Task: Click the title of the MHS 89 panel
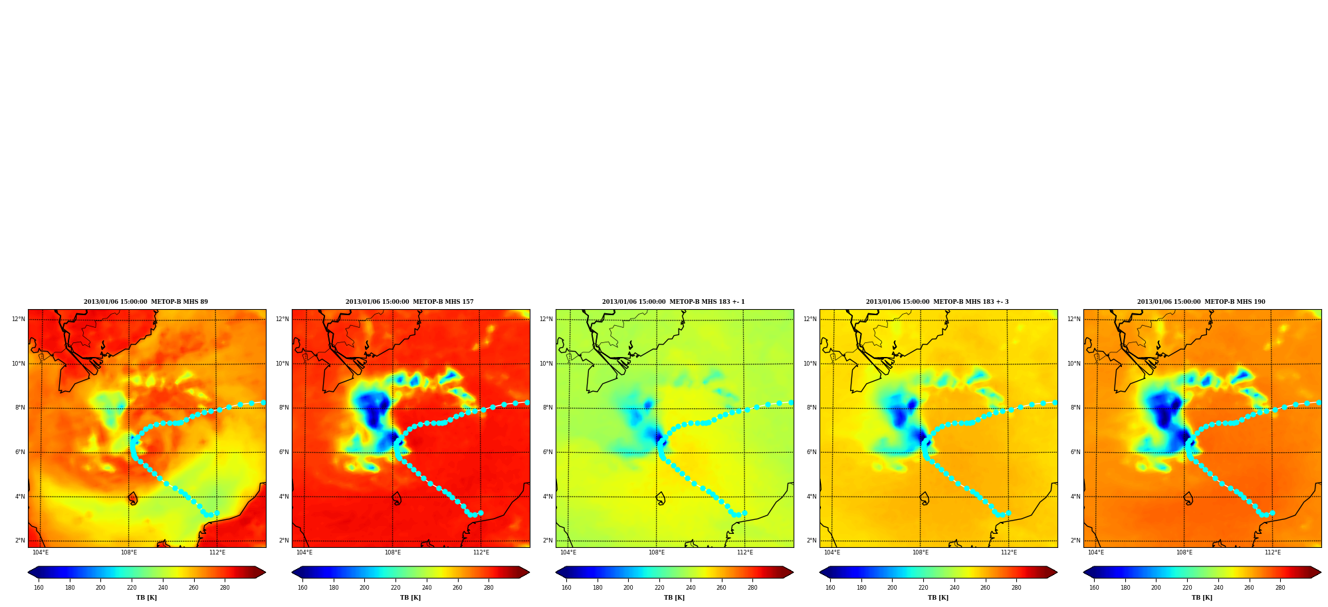click(146, 302)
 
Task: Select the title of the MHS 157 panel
click(409, 302)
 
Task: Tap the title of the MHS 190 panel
click(1201, 302)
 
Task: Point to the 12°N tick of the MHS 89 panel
click(18, 319)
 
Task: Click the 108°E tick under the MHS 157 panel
click(392, 552)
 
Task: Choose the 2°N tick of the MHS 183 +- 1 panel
click(548, 541)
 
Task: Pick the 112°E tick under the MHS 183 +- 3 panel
click(1008, 552)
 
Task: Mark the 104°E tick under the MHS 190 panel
click(1095, 552)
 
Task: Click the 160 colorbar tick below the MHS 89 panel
click(39, 588)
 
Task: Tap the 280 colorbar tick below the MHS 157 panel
click(489, 588)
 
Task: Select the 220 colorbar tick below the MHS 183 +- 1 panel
click(659, 588)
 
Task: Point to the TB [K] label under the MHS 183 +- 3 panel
click(938, 598)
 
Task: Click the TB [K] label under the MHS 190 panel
click(1202, 598)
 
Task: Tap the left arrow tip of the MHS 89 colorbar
click(28, 572)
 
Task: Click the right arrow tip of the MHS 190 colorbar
click(1321, 572)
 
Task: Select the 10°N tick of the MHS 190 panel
click(1073, 364)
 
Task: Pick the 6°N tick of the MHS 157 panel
click(284, 452)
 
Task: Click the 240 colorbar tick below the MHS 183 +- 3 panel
click(954, 588)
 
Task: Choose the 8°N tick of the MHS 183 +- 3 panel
click(812, 408)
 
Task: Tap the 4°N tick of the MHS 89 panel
click(20, 497)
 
